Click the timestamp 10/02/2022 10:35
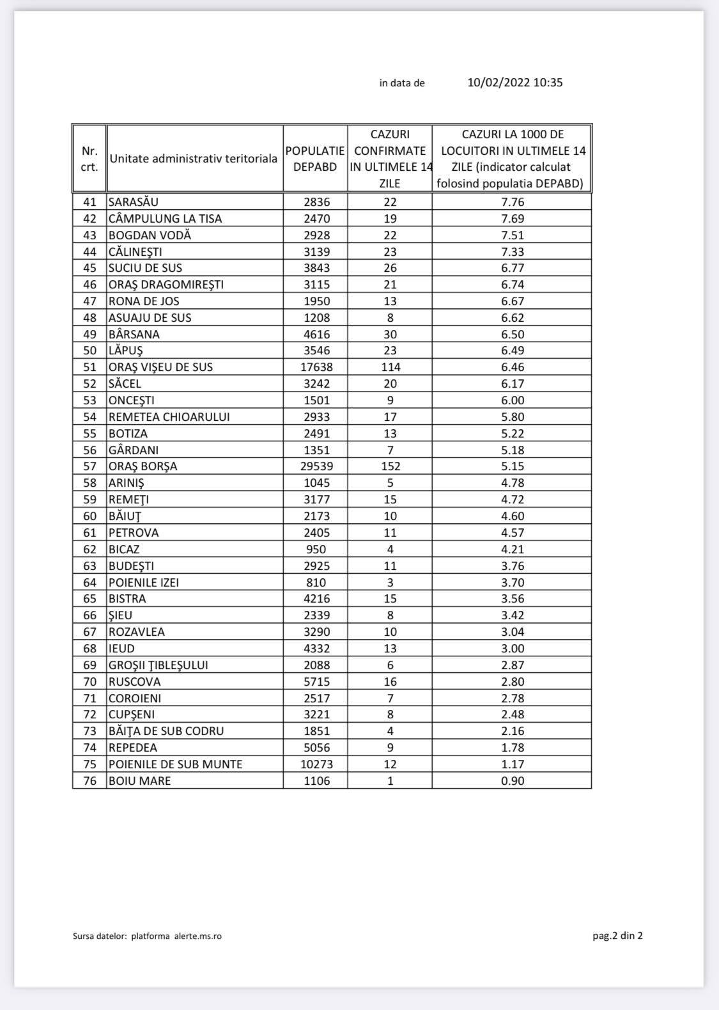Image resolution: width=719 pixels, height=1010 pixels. [515, 83]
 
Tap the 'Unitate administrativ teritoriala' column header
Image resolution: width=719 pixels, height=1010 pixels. [193, 159]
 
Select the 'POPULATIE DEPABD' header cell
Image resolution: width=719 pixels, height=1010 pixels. [315, 159]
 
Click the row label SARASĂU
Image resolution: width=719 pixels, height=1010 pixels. [133, 202]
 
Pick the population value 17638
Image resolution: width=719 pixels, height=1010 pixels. [316, 367]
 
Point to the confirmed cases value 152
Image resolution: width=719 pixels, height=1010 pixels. [390, 466]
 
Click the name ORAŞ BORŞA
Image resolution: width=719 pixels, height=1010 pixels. [143, 466]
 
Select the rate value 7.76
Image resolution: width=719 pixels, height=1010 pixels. [513, 202]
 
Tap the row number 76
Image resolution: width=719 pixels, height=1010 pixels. [89, 780]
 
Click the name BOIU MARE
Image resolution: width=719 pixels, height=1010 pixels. [139, 780]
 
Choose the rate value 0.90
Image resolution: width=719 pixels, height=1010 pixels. [513, 780]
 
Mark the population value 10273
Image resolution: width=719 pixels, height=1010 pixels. [316, 764]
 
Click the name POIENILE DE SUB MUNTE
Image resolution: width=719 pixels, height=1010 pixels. [175, 764]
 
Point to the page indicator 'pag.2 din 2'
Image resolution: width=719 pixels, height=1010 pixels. [617, 936]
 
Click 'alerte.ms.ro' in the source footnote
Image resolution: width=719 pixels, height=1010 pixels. [198, 936]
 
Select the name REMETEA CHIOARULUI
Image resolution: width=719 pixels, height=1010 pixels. [169, 417]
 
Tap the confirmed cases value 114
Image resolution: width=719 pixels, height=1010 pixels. [390, 367]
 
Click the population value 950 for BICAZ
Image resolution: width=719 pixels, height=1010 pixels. [316, 549]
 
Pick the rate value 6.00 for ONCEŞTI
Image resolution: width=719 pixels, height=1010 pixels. [513, 400]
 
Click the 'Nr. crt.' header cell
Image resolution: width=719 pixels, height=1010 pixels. [89, 159]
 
